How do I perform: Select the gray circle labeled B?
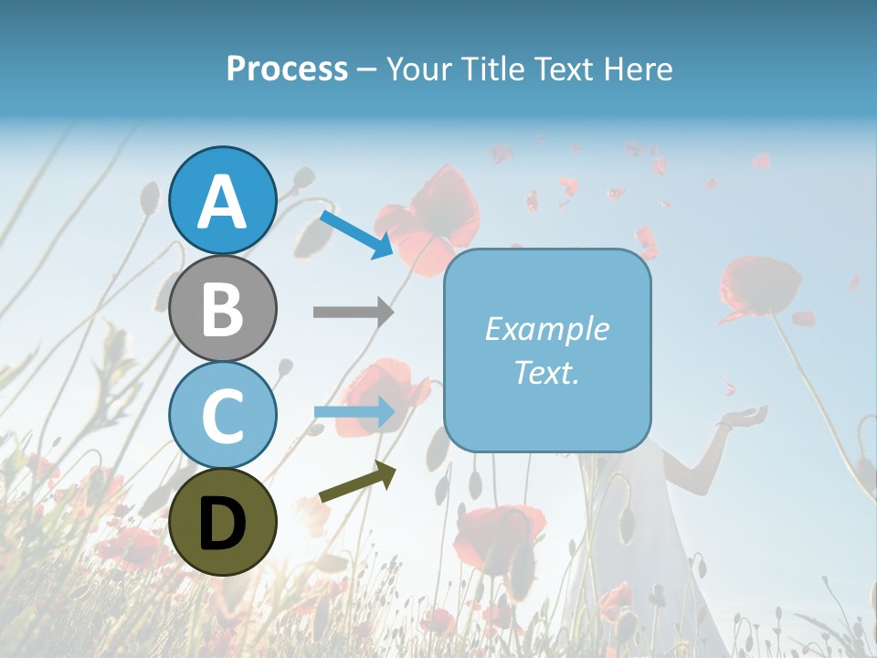pyautogui.click(x=222, y=308)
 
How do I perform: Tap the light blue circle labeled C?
pyautogui.click(x=222, y=415)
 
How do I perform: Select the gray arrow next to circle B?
pyautogui.click(x=353, y=313)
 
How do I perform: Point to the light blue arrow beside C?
pyautogui.click(x=354, y=412)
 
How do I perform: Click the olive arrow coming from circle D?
pyautogui.click(x=357, y=483)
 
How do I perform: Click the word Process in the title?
pyautogui.click(x=287, y=69)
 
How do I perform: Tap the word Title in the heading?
pyautogui.click(x=494, y=69)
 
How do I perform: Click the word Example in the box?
pyautogui.click(x=546, y=329)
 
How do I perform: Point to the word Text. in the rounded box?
pyautogui.click(x=546, y=372)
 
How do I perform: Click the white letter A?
pyautogui.click(x=222, y=202)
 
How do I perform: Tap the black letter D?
pyautogui.click(x=222, y=524)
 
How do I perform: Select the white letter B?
pyautogui.click(x=222, y=308)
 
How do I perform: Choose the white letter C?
pyautogui.click(x=222, y=415)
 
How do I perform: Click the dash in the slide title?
pyautogui.click(x=366, y=69)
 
